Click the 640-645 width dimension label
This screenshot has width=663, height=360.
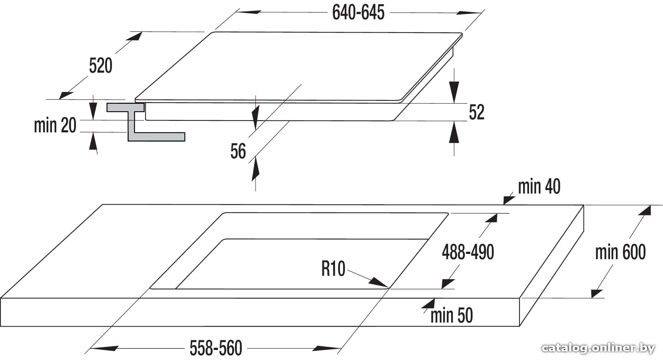(x=358, y=13)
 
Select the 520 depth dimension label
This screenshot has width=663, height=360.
(x=101, y=66)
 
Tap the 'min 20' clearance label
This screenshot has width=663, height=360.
(x=55, y=125)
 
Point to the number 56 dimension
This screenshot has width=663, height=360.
(x=238, y=151)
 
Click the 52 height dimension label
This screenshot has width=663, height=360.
(x=476, y=112)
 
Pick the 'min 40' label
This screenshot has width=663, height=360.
(x=539, y=186)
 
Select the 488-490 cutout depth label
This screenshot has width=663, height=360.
(x=468, y=252)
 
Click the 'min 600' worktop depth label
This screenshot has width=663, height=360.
(x=620, y=252)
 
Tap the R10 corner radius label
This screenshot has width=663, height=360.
(x=333, y=269)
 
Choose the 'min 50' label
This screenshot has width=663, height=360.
(x=452, y=316)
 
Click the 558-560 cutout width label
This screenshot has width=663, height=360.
(x=216, y=348)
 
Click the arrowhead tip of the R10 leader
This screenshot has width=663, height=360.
(x=388, y=287)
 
